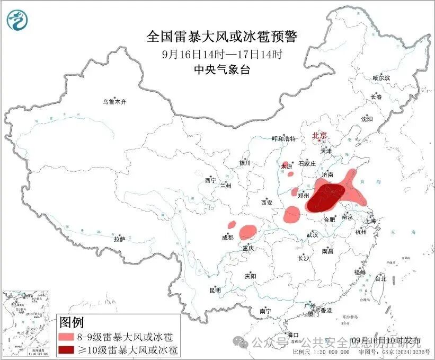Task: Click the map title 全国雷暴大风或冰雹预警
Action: [222, 37]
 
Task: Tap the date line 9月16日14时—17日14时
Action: [222, 54]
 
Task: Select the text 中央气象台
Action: [222, 69]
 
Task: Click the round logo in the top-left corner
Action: [16, 20]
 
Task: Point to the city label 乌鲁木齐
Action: [115, 101]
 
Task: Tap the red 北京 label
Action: [320, 135]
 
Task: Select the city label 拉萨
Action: [119, 239]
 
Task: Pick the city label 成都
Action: [227, 238]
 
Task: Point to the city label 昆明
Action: [215, 290]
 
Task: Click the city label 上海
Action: [370, 221]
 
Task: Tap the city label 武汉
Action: [313, 234]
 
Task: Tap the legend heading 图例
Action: [72, 322]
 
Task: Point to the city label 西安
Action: [267, 203]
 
